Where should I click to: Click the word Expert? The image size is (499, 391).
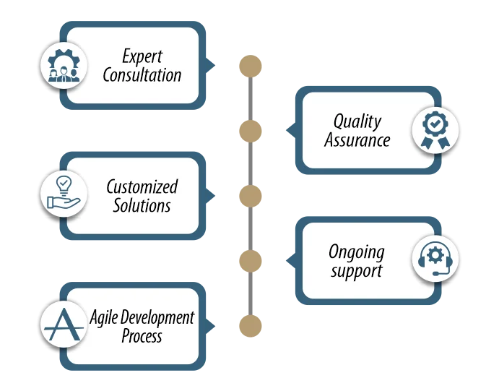[142, 56]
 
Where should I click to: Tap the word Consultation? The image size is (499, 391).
[142, 74]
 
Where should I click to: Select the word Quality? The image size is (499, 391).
[357, 121]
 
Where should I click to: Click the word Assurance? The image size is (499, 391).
[357, 139]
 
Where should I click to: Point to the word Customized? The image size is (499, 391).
[142, 186]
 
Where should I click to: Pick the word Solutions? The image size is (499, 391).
[142, 205]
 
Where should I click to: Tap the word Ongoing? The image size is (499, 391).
[357, 252]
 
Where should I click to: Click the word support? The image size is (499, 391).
[357, 272]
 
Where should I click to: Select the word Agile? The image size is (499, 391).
[105, 317]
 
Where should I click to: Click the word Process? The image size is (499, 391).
[142, 336]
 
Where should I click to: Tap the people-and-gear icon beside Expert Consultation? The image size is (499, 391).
[63, 64]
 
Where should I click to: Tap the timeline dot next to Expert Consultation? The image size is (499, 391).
[250, 65]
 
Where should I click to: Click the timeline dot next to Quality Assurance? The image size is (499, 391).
[250, 130]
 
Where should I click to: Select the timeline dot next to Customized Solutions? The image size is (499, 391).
[250, 195]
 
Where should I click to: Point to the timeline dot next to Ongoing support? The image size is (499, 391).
[250, 260]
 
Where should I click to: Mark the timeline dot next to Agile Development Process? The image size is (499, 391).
[250, 325]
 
